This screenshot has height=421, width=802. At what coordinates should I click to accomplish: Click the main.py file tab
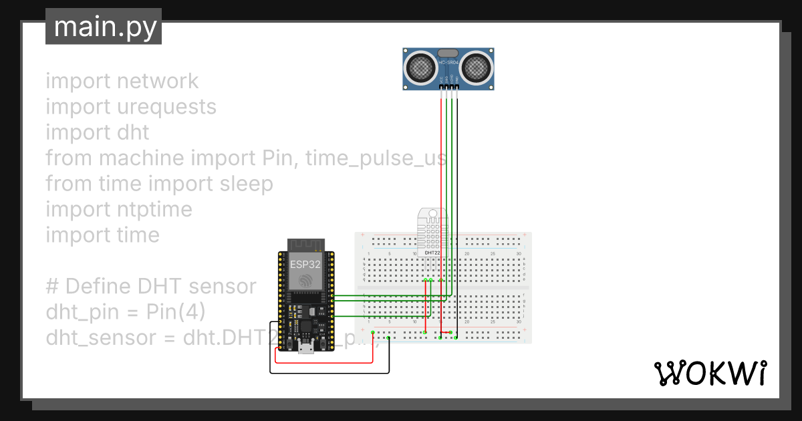[104, 27]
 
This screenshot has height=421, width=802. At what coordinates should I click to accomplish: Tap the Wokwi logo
[709, 374]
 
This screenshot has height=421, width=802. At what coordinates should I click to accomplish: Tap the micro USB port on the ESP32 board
[306, 347]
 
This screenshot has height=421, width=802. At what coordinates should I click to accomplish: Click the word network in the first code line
[157, 81]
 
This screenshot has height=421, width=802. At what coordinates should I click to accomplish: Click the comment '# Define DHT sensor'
[151, 286]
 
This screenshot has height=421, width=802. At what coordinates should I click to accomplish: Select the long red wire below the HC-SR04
[441, 200]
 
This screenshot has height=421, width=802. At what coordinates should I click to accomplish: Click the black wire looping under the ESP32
[327, 372]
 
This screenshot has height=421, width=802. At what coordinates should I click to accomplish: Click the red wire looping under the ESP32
[321, 363]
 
